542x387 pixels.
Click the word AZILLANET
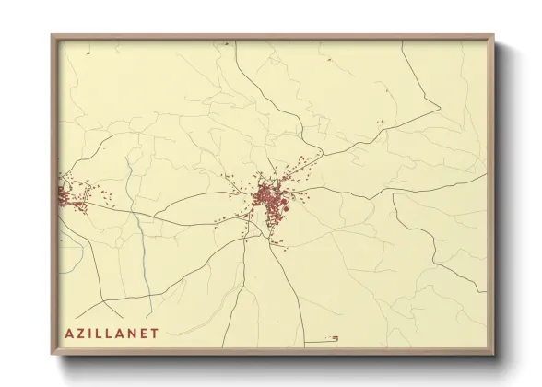(x=112, y=333)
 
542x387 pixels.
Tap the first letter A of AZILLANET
(x=71, y=333)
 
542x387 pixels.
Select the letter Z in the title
(x=82, y=333)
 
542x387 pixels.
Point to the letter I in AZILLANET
(x=91, y=333)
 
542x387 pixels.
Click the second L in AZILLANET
(x=111, y=333)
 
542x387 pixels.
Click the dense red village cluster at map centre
(x=270, y=198)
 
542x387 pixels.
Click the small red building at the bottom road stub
(x=336, y=338)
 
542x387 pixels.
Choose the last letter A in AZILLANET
(x=122, y=333)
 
